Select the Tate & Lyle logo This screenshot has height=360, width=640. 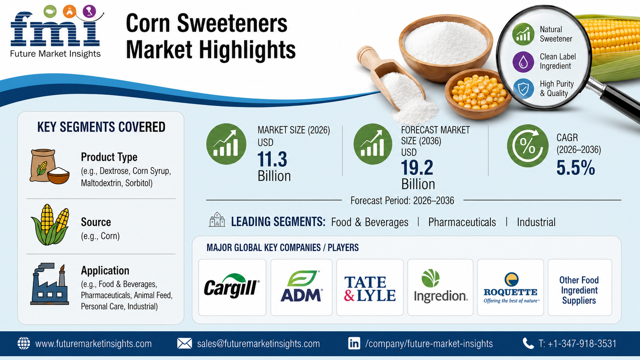click(370, 289)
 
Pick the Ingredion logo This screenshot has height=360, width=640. click(440, 286)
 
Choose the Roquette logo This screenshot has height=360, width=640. click(510, 288)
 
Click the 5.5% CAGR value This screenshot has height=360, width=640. click(576, 168)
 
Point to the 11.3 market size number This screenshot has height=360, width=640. click(272, 160)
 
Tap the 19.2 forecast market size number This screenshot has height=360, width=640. click(417, 168)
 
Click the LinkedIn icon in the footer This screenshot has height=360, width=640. click(354, 344)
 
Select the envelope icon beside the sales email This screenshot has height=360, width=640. click(184, 344)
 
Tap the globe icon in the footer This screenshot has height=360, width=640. click(24, 343)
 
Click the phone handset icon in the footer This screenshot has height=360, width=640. click(528, 344)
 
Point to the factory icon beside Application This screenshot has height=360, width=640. click(50, 284)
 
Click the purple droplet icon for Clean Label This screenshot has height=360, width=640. click(523, 62)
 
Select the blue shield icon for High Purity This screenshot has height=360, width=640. click(524, 89)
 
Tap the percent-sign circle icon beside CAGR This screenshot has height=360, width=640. click(528, 146)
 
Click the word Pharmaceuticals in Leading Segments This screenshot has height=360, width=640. click(462, 222)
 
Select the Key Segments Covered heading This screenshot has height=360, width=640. click(101, 127)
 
